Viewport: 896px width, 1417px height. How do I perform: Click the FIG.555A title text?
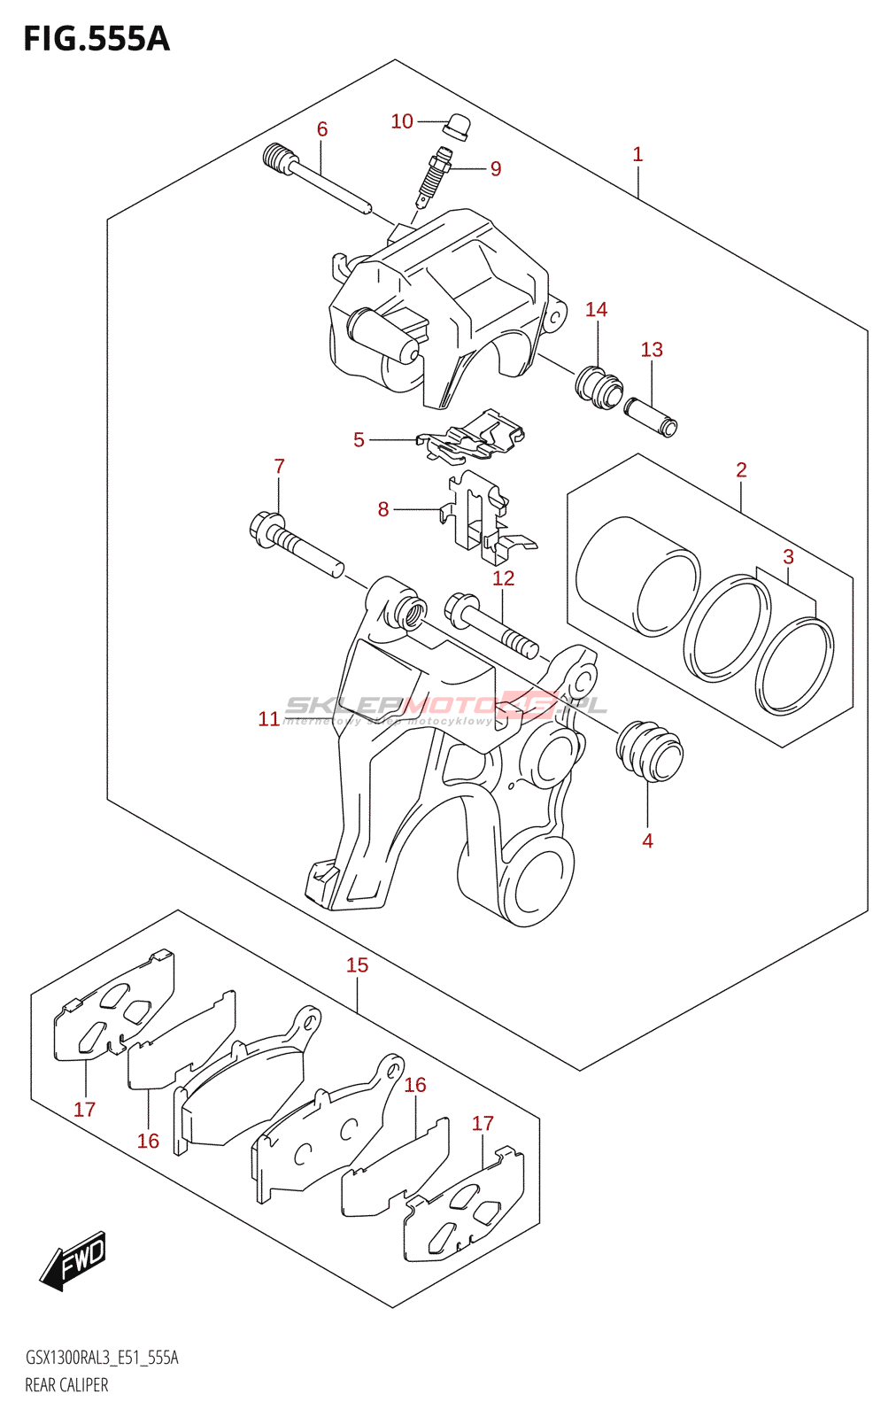coord(96,39)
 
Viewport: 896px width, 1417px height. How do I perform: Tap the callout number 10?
coord(402,121)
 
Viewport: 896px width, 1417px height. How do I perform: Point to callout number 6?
coord(322,129)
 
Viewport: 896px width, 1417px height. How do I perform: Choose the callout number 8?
coord(383,509)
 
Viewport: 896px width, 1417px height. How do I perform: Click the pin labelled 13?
coord(651,416)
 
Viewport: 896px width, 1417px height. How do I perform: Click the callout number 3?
coord(788,557)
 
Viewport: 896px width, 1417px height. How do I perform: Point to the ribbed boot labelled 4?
coord(650,753)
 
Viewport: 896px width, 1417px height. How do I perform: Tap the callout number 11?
coord(269,719)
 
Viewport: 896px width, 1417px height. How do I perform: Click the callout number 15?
coord(357,965)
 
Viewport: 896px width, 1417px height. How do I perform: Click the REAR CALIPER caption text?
coord(66,1385)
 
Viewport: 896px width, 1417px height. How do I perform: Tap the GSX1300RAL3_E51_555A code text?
coord(102,1358)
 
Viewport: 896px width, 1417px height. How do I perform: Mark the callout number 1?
coord(637,154)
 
